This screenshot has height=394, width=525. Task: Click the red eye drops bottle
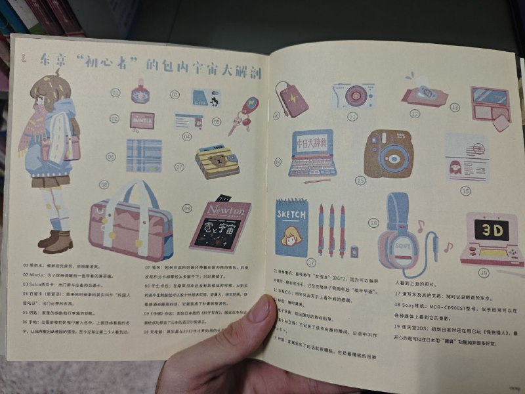pyautogui.click(x=139, y=92)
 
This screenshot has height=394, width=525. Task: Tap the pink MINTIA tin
pyautogui.click(x=142, y=121)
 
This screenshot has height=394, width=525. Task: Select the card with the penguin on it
pyautogui.click(x=205, y=98)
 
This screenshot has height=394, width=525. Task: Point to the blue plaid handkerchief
pyautogui.click(x=144, y=155)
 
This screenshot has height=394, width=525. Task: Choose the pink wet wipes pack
pyautogui.click(x=424, y=96)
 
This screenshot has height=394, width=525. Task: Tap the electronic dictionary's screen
pyautogui.click(x=314, y=142)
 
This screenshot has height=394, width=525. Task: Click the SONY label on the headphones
pyautogui.click(x=402, y=246)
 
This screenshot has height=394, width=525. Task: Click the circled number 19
pyautogui.click(x=484, y=273)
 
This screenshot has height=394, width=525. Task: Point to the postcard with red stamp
pyautogui.click(x=467, y=158)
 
